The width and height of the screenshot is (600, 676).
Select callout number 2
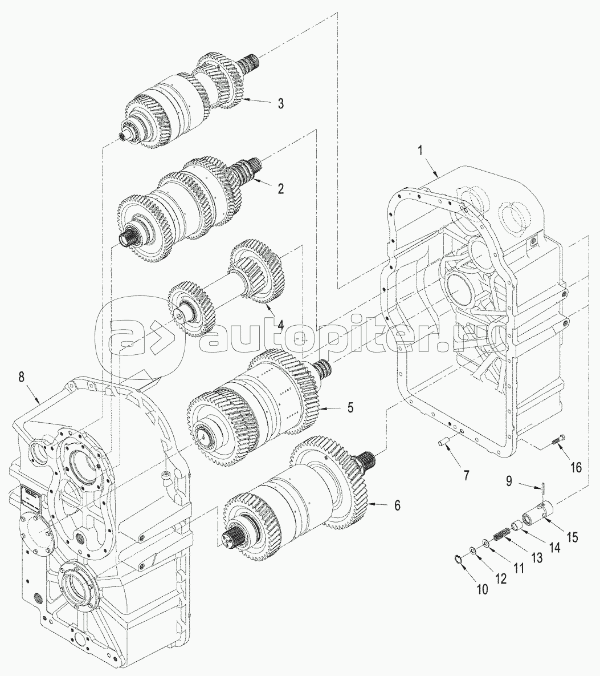[x=280, y=189]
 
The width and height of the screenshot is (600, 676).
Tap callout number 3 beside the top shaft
[x=280, y=103]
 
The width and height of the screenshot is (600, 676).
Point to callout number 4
[x=280, y=325]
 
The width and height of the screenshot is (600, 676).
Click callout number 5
[x=350, y=408]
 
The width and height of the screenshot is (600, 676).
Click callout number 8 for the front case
[x=21, y=377]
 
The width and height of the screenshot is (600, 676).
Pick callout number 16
[x=575, y=467]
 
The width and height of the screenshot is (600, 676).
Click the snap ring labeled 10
[x=458, y=558]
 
